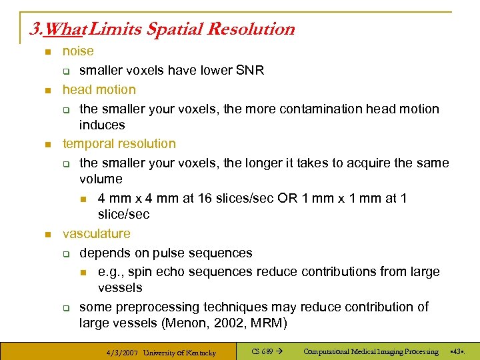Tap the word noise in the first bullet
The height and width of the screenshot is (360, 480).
pyautogui.click(x=78, y=51)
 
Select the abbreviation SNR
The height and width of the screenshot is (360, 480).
pyautogui.click(x=250, y=71)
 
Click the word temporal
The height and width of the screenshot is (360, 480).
pyautogui.click(x=89, y=144)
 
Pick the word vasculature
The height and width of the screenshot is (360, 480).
pyautogui.click(x=96, y=234)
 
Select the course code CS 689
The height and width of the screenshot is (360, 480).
pyautogui.click(x=261, y=351)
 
